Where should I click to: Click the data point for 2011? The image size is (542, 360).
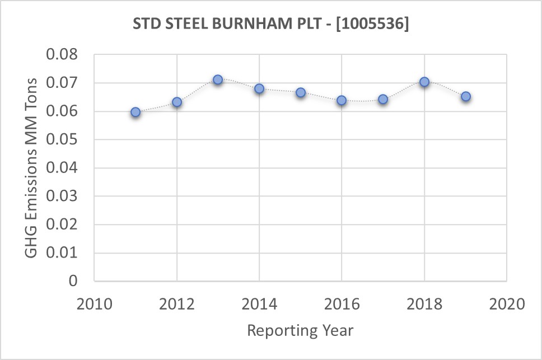135,112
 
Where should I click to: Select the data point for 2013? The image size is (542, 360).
218,80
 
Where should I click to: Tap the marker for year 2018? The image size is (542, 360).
424,82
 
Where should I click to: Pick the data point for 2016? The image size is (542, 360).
342,100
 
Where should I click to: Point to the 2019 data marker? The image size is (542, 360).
465,96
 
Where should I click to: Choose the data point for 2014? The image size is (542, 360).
259,88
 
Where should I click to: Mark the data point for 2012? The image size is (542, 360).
177,102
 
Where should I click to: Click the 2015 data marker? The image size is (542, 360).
301,92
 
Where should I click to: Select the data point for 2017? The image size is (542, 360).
383,99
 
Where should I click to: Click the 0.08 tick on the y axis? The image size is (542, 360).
66,55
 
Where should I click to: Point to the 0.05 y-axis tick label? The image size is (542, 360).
66,140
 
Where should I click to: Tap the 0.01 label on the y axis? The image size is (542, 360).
66,253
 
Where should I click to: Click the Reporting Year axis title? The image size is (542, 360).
300,330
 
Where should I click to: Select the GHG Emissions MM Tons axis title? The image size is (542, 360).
32,168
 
